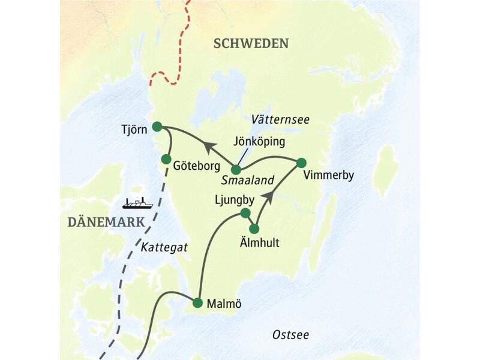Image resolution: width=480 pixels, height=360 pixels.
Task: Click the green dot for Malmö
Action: pos(197,303)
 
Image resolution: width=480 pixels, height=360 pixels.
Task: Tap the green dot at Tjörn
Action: pos(157,126)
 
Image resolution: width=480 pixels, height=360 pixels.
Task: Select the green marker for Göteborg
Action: pos(166,158)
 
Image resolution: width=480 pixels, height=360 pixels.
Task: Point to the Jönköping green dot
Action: pos(236,170)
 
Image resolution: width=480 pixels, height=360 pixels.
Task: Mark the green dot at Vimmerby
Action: pos(301,162)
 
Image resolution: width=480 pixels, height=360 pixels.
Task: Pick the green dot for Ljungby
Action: pos(245,213)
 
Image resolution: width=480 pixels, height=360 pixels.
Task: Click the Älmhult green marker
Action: pos(254,229)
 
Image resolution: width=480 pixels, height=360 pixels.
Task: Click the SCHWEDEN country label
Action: pos(251,43)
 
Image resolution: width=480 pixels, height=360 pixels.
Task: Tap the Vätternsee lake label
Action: pos(281,120)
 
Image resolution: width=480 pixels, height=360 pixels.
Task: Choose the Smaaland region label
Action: pos(248,179)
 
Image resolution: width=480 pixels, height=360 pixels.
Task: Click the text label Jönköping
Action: pos(259,142)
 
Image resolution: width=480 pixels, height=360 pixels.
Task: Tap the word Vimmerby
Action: pos(329,176)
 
